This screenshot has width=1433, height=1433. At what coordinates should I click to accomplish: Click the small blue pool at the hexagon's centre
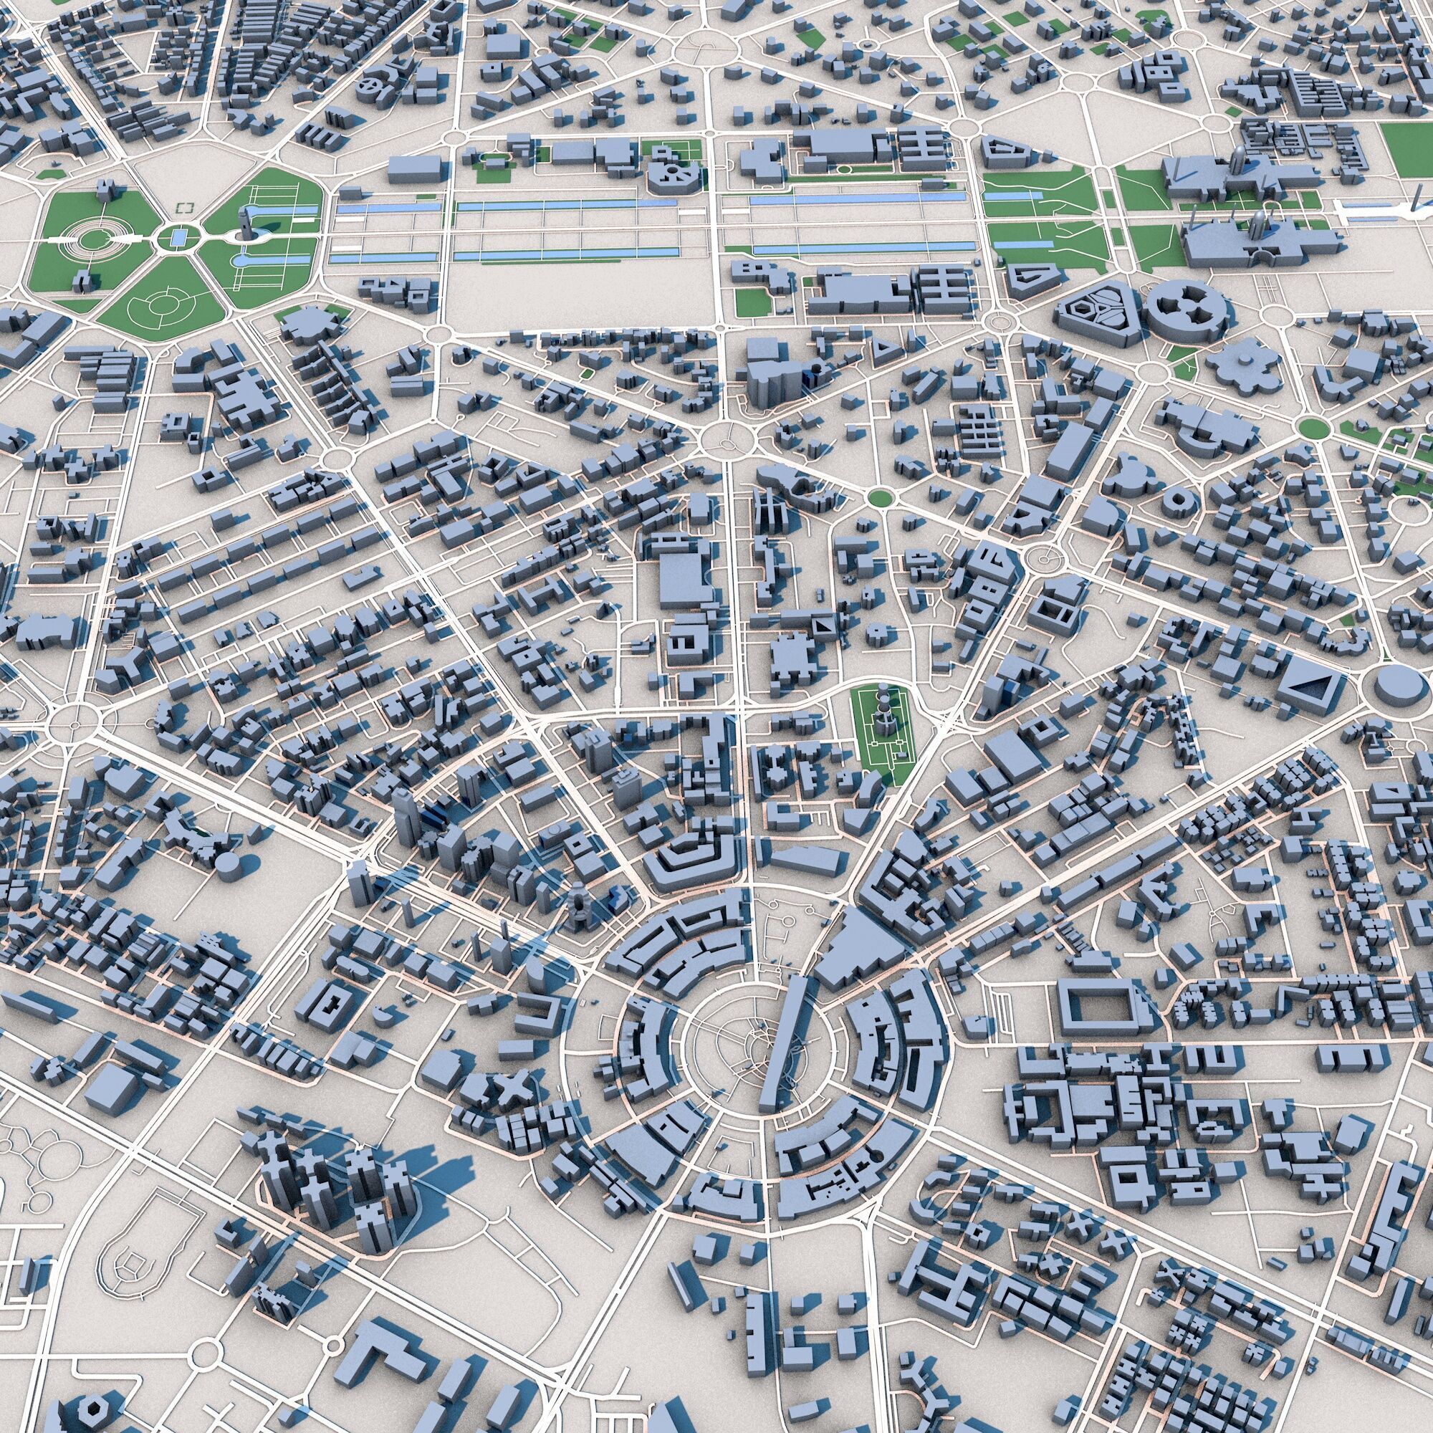(178, 237)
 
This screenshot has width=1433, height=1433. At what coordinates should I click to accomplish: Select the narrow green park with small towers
(884, 727)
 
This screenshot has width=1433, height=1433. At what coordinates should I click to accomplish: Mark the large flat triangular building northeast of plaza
(853, 949)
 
